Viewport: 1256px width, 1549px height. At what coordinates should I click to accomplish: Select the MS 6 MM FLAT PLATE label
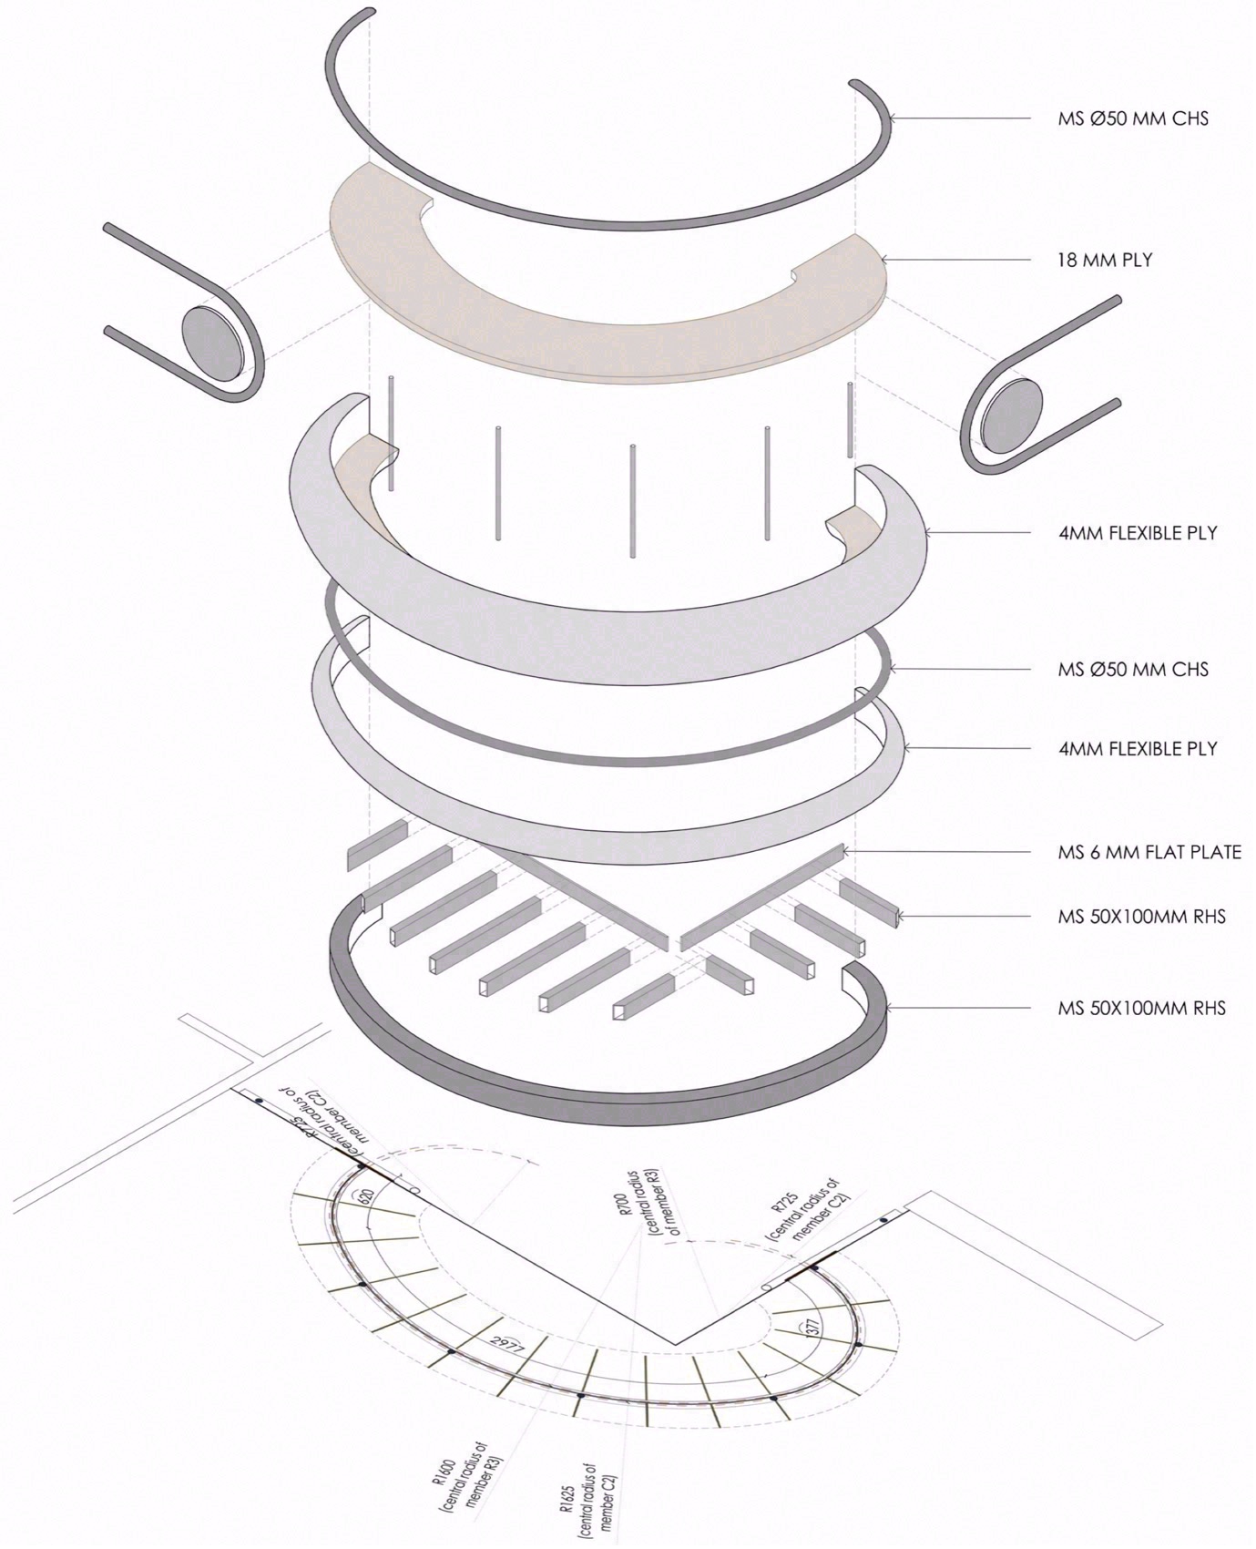pyautogui.click(x=1149, y=853)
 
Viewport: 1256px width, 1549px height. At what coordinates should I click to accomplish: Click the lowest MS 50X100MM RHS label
pyautogui.click(x=1141, y=1008)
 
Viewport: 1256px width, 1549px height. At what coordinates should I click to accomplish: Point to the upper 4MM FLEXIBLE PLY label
pyautogui.click(x=1138, y=533)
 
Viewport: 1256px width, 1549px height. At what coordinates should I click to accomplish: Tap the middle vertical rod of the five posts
pyautogui.click(x=631, y=499)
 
